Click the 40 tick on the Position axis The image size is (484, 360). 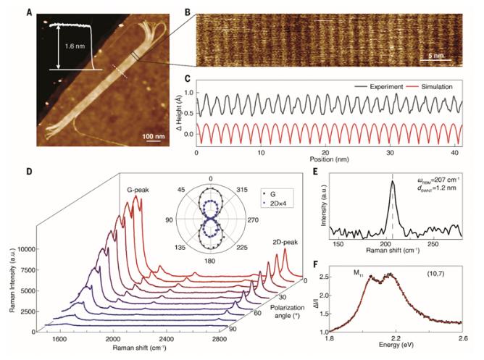(454, 153)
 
